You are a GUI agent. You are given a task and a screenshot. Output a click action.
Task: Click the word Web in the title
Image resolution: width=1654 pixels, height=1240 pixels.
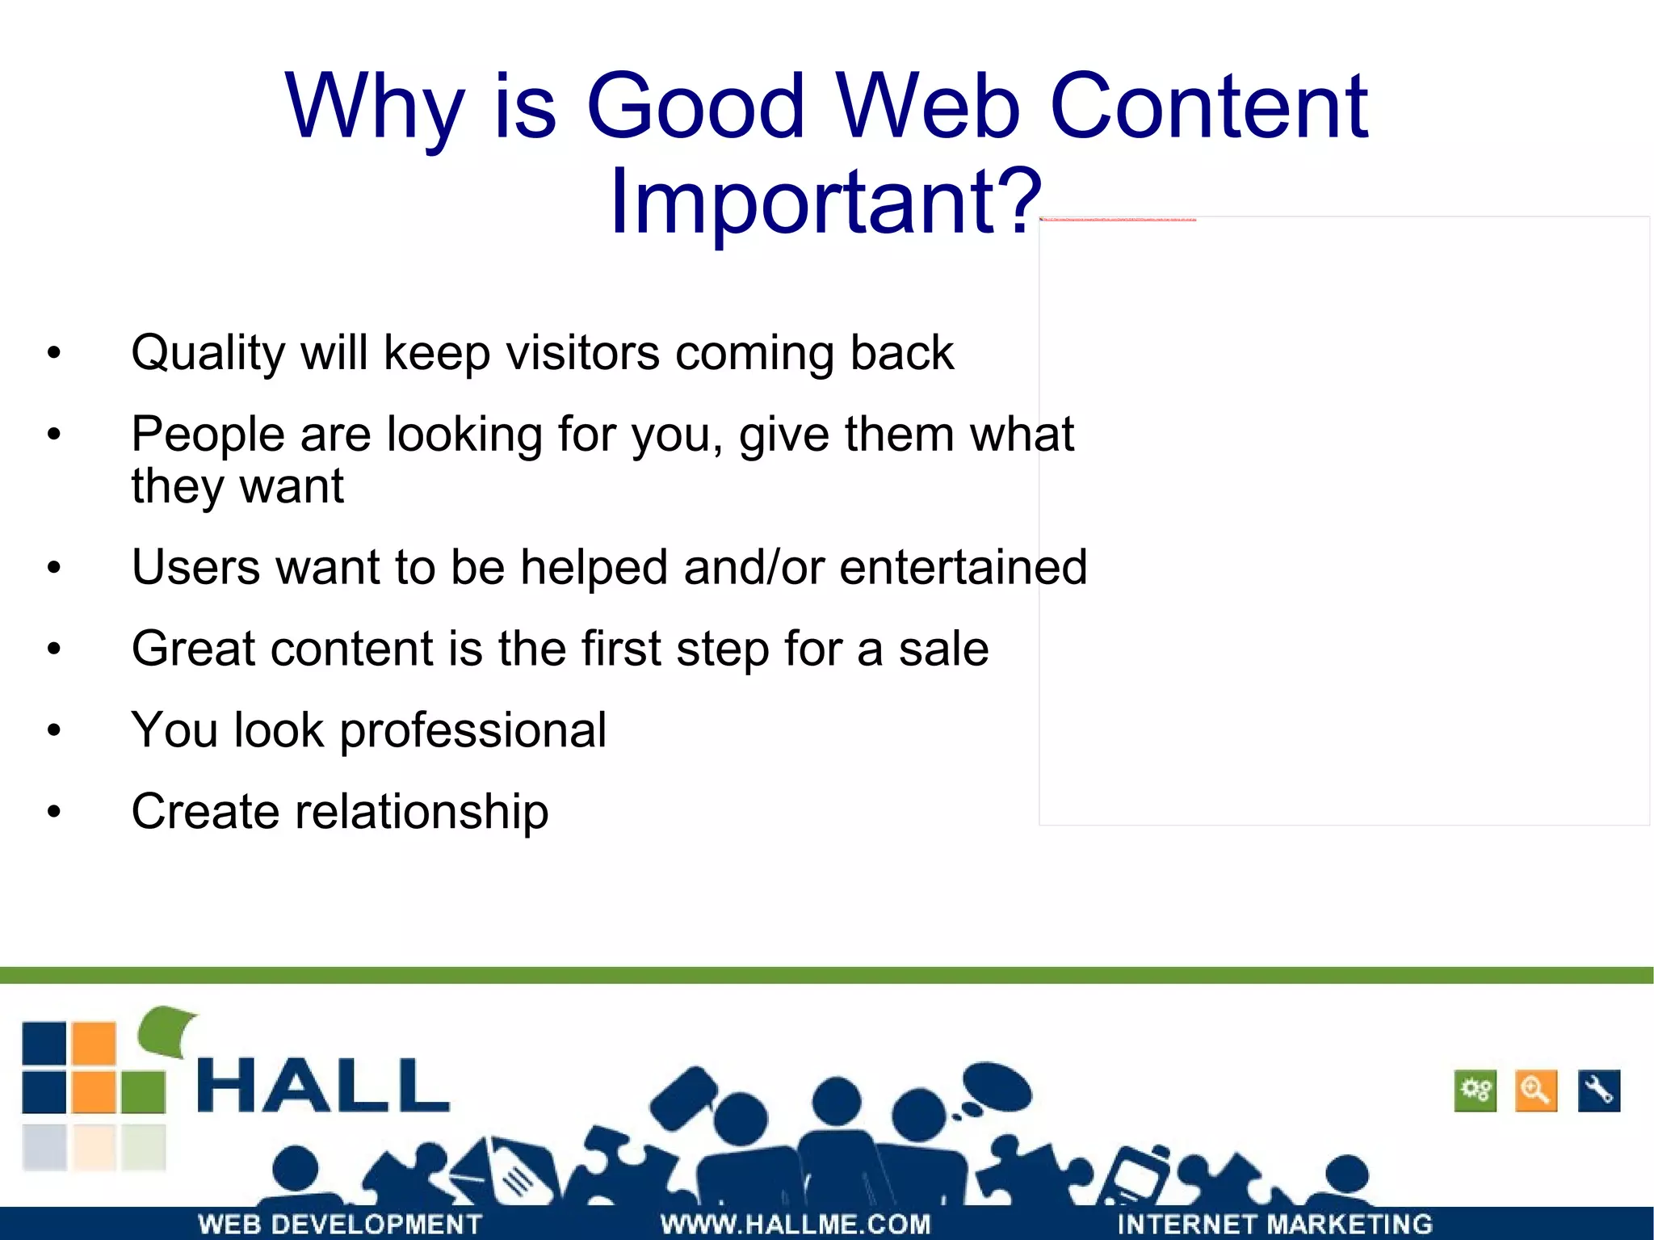coord(929,107)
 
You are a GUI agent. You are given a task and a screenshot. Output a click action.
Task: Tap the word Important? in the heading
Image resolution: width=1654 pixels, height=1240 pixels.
coord(825,202)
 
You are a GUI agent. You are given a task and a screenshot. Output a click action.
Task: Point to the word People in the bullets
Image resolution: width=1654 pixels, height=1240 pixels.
coord(208,435)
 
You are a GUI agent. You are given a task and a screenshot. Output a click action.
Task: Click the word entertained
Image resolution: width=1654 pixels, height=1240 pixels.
coord(963,567)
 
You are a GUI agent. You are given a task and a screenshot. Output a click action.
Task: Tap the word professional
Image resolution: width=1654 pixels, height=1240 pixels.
coord(472,731)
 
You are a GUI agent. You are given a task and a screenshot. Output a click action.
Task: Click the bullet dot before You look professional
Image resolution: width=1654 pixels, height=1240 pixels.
coord(54,731)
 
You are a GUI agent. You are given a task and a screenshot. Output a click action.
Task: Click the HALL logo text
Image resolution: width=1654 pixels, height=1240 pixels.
coord(322,1087)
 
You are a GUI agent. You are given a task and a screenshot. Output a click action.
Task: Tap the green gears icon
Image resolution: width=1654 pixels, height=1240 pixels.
coord(1475,1091)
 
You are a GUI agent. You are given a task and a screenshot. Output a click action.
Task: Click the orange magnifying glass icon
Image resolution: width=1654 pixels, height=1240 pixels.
coord(1535,1091)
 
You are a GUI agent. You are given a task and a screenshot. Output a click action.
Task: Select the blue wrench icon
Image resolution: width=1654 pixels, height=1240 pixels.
coord(1598,1091)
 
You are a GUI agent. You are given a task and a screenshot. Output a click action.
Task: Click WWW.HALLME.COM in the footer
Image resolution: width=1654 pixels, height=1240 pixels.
coord(796,1224)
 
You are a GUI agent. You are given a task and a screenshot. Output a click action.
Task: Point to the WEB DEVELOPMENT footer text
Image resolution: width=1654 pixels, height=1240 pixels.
coord(340,1224)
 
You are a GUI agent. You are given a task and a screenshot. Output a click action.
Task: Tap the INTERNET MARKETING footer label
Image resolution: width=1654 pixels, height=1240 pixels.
coord(1274,1224)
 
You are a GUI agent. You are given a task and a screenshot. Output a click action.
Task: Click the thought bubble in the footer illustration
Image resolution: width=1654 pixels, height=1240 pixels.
coord(997,1087)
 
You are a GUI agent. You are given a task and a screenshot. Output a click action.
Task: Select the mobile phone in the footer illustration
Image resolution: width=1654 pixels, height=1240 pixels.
coord(1139,1175)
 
